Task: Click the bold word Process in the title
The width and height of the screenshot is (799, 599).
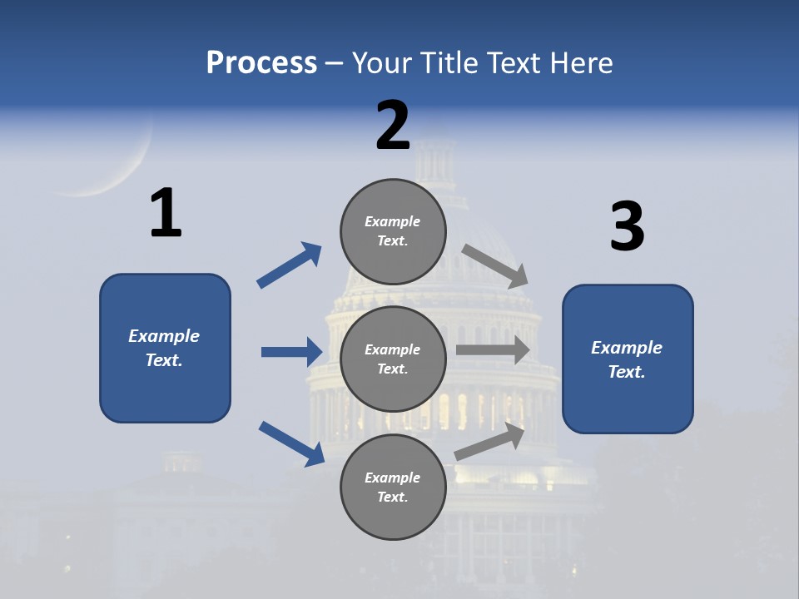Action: pos(261,62)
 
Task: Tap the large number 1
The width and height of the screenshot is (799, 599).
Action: pos(166,214)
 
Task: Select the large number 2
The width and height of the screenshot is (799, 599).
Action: pos(393,126)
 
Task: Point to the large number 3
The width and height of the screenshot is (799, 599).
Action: pos(627,227)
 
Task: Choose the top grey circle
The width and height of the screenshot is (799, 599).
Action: pos(393,231)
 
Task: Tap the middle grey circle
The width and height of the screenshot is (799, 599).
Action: pos(393,359)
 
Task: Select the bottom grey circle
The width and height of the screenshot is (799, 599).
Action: pos(393,487)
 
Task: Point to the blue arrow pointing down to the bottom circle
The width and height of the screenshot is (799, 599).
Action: pos(291,443)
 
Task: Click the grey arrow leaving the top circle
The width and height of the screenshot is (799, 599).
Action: pos(495,265)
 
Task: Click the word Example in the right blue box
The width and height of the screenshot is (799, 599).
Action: pos(627,348)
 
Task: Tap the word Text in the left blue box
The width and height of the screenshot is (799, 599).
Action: pos(163,360)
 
